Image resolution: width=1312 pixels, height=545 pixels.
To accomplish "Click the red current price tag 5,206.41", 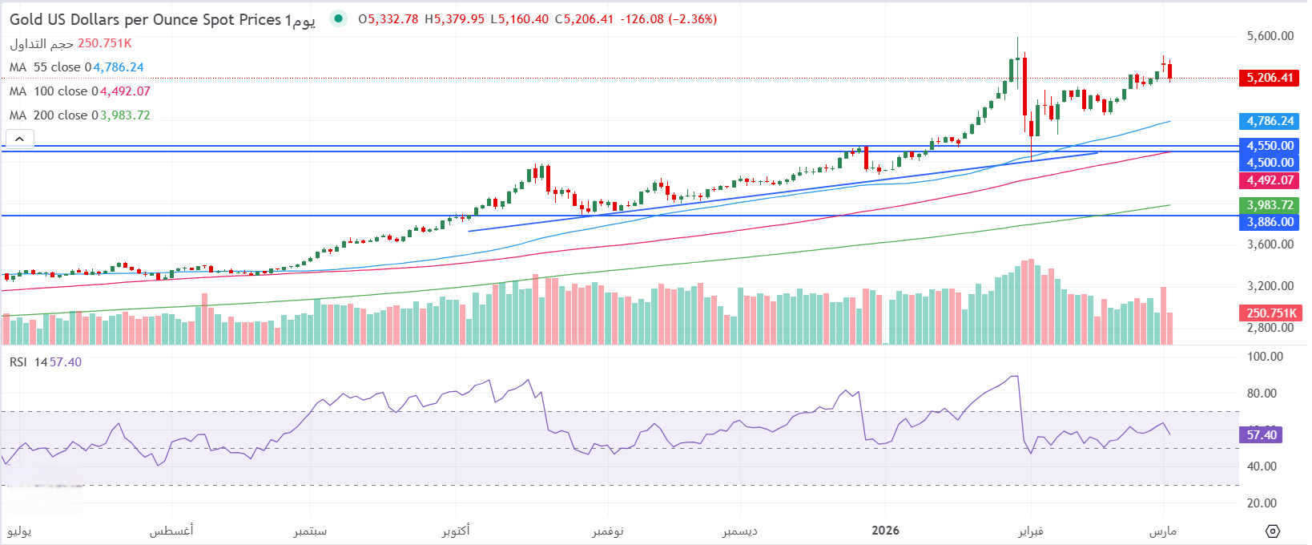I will click(x=1269, y=78).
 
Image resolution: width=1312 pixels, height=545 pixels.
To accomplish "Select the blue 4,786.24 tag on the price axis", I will click(x=1269, y=121).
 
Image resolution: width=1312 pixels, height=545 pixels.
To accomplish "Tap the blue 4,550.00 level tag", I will click(x=1269, y=146).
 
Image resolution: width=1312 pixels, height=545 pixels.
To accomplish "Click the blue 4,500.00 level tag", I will click(x=1269, y=163).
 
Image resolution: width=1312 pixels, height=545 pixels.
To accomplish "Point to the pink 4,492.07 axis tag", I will click(x=1269, y=180).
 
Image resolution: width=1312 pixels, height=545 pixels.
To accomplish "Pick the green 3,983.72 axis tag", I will click(x=1269, y=205).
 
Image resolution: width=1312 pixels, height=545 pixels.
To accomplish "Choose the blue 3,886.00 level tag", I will click(x=1269, y=222).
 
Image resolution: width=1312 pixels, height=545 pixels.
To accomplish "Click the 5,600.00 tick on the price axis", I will click(x=1270, y=36).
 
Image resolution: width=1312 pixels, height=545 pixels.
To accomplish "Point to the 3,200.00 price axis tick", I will click(x=1270, y=286).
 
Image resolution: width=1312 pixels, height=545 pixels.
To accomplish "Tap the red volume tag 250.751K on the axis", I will click(x=1270, y=313).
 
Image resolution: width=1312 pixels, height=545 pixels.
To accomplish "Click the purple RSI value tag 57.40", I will click(x=1262, y=435).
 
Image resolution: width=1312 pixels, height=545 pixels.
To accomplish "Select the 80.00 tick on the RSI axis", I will click(x=1262, y=394).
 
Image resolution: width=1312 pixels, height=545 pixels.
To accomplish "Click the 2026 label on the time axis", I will click(x=885, y=531).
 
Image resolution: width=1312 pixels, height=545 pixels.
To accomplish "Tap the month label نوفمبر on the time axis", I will click(x=607, y=531).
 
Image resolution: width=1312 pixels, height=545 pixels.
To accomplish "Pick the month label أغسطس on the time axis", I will click(x=171, y=531).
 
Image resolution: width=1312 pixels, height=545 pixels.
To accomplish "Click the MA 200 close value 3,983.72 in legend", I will click(x=125, y=115).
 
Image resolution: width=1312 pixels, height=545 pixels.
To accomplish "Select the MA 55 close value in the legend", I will click(x=119, y=67).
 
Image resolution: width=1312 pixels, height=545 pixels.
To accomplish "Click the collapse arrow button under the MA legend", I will click(x=19, y=139).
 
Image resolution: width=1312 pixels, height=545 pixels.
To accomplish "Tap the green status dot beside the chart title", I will click(x=339, y=18).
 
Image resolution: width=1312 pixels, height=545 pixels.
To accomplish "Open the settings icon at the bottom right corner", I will click(x=1272, y=531).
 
